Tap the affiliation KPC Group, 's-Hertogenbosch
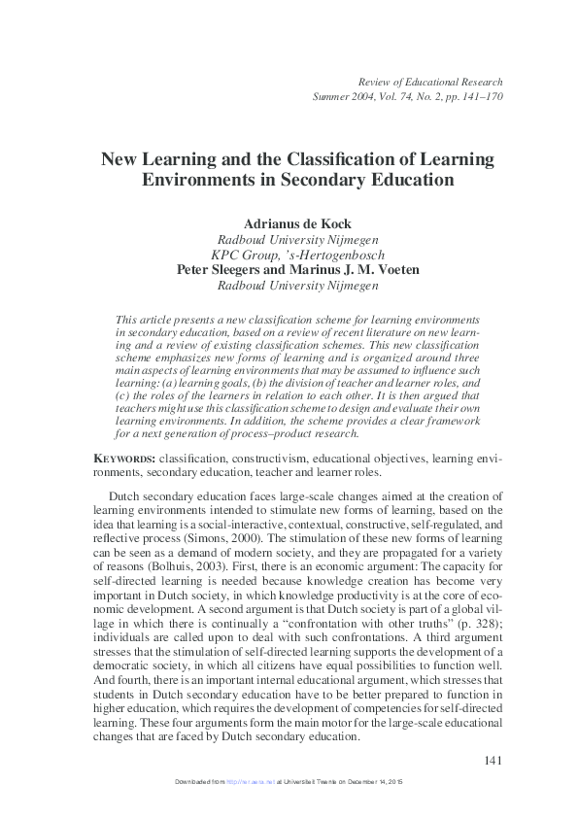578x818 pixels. (289, 255)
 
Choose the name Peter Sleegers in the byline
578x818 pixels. (224, 270)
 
